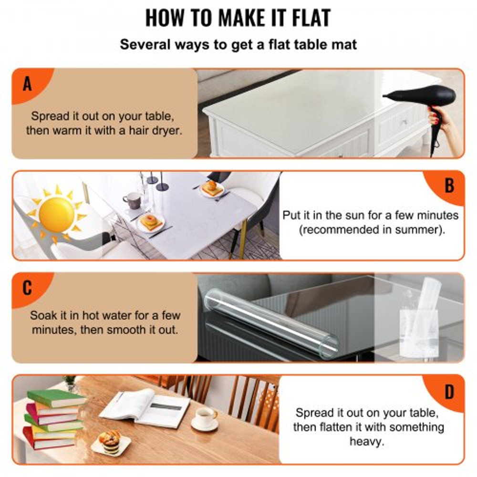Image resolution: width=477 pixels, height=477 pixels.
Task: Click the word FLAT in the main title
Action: coord(304,17)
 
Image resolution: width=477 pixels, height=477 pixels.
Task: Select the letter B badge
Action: coord(449,186)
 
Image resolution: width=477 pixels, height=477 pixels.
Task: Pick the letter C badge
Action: coord(27,288)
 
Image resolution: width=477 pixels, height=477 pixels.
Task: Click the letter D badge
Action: coord(449,392)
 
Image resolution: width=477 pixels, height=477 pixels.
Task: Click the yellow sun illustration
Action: coord(56,215)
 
